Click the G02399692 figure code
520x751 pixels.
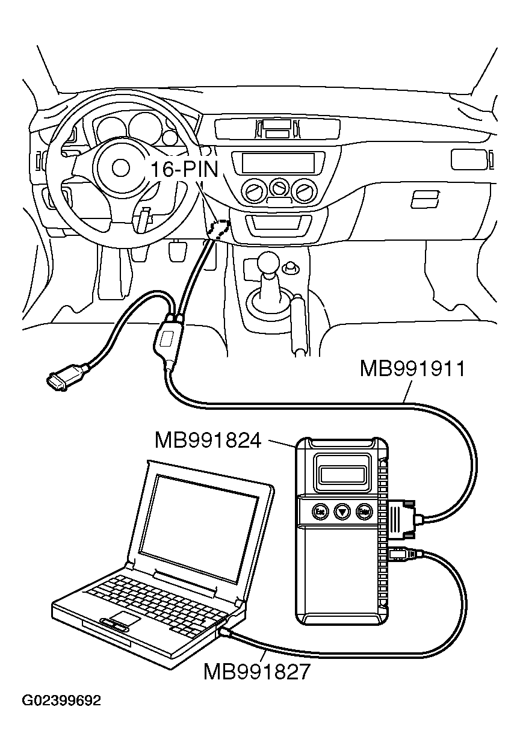pyautogui.click(x=61, y=701)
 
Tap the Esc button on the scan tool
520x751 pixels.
pyautogui.click(x=320, y=512)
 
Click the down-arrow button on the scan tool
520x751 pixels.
pyautogui.click(x=342, y=512)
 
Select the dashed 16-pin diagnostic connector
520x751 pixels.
pyautogui.click(x=218, y=229)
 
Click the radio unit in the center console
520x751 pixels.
pyautogui.click(x=278, y=162)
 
